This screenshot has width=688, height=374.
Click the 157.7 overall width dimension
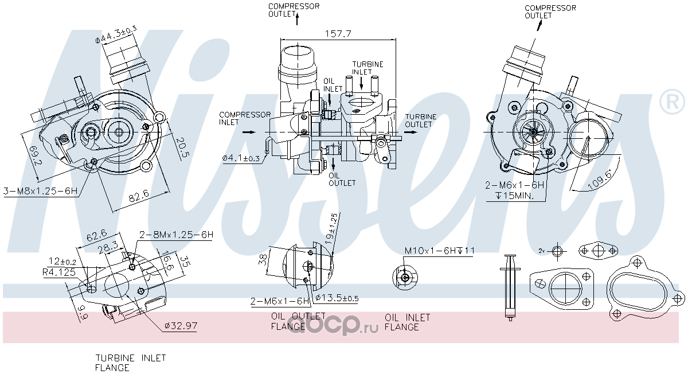(338, 34)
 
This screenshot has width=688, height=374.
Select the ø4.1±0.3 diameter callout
(241, 158)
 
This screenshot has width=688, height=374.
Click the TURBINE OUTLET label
(420, 120)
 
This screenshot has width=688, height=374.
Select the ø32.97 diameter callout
(181, 326)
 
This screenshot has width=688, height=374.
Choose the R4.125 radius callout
(59, 272)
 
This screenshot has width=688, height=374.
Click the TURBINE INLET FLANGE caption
(130, 363)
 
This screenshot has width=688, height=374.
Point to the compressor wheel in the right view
(533, 132)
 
